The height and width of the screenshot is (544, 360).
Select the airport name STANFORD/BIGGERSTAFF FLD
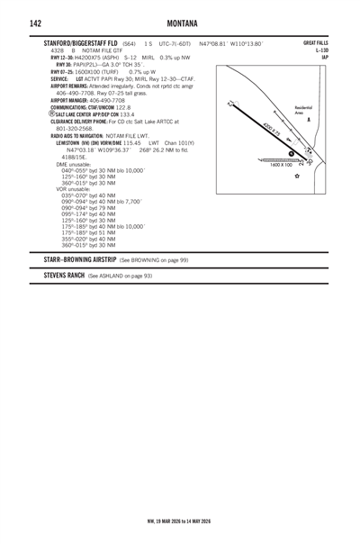[x=81, y=43]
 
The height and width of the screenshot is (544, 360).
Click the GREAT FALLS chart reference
[x=316, y=43]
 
